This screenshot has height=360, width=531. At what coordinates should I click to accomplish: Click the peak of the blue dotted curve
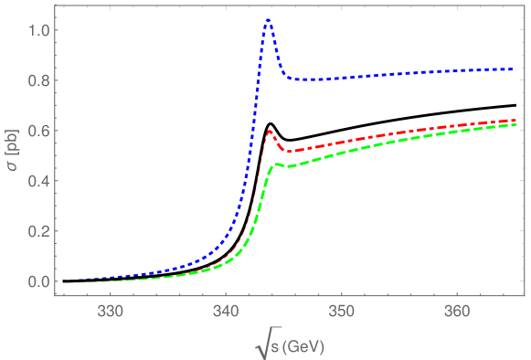point(268,19)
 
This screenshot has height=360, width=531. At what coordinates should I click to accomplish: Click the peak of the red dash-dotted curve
point(270,132)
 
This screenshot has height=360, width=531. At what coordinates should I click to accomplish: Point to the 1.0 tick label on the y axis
point(39,31)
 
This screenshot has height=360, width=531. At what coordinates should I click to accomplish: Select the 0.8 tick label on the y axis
point(39,81)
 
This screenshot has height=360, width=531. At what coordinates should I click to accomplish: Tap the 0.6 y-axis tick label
point(39,132)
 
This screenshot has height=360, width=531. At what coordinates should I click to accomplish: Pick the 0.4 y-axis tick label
point(39,182)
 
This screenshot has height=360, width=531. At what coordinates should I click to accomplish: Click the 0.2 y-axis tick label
point(39,231)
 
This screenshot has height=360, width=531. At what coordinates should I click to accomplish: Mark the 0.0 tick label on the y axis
point(39,281)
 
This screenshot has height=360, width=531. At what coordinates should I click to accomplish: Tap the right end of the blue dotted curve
point(514,69)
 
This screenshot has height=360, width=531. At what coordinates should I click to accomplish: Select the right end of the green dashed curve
point(514,124)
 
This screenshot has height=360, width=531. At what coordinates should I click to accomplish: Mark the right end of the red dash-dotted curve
point(514,120)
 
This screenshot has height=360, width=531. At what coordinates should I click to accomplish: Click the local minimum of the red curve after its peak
point(287,151)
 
